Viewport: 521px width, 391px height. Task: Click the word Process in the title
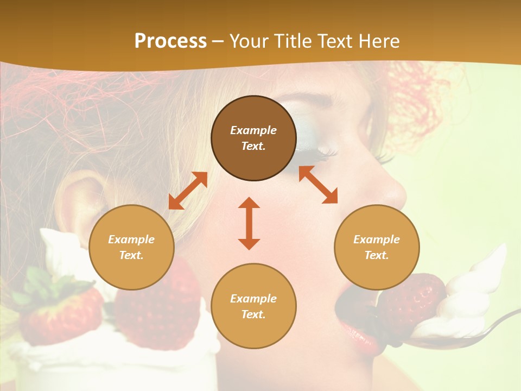point(170,41)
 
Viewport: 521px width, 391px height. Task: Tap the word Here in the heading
point(378,41)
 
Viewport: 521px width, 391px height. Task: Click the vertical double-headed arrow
point(249,223)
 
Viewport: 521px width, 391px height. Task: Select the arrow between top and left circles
point(188,191)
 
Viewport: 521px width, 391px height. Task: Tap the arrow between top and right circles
point(318,185)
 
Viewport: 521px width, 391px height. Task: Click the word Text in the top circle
point(253,146)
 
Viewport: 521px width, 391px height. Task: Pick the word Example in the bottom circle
point(253,299)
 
